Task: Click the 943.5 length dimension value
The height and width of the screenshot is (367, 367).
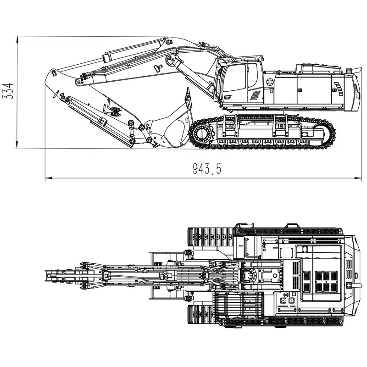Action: (207, 169)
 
